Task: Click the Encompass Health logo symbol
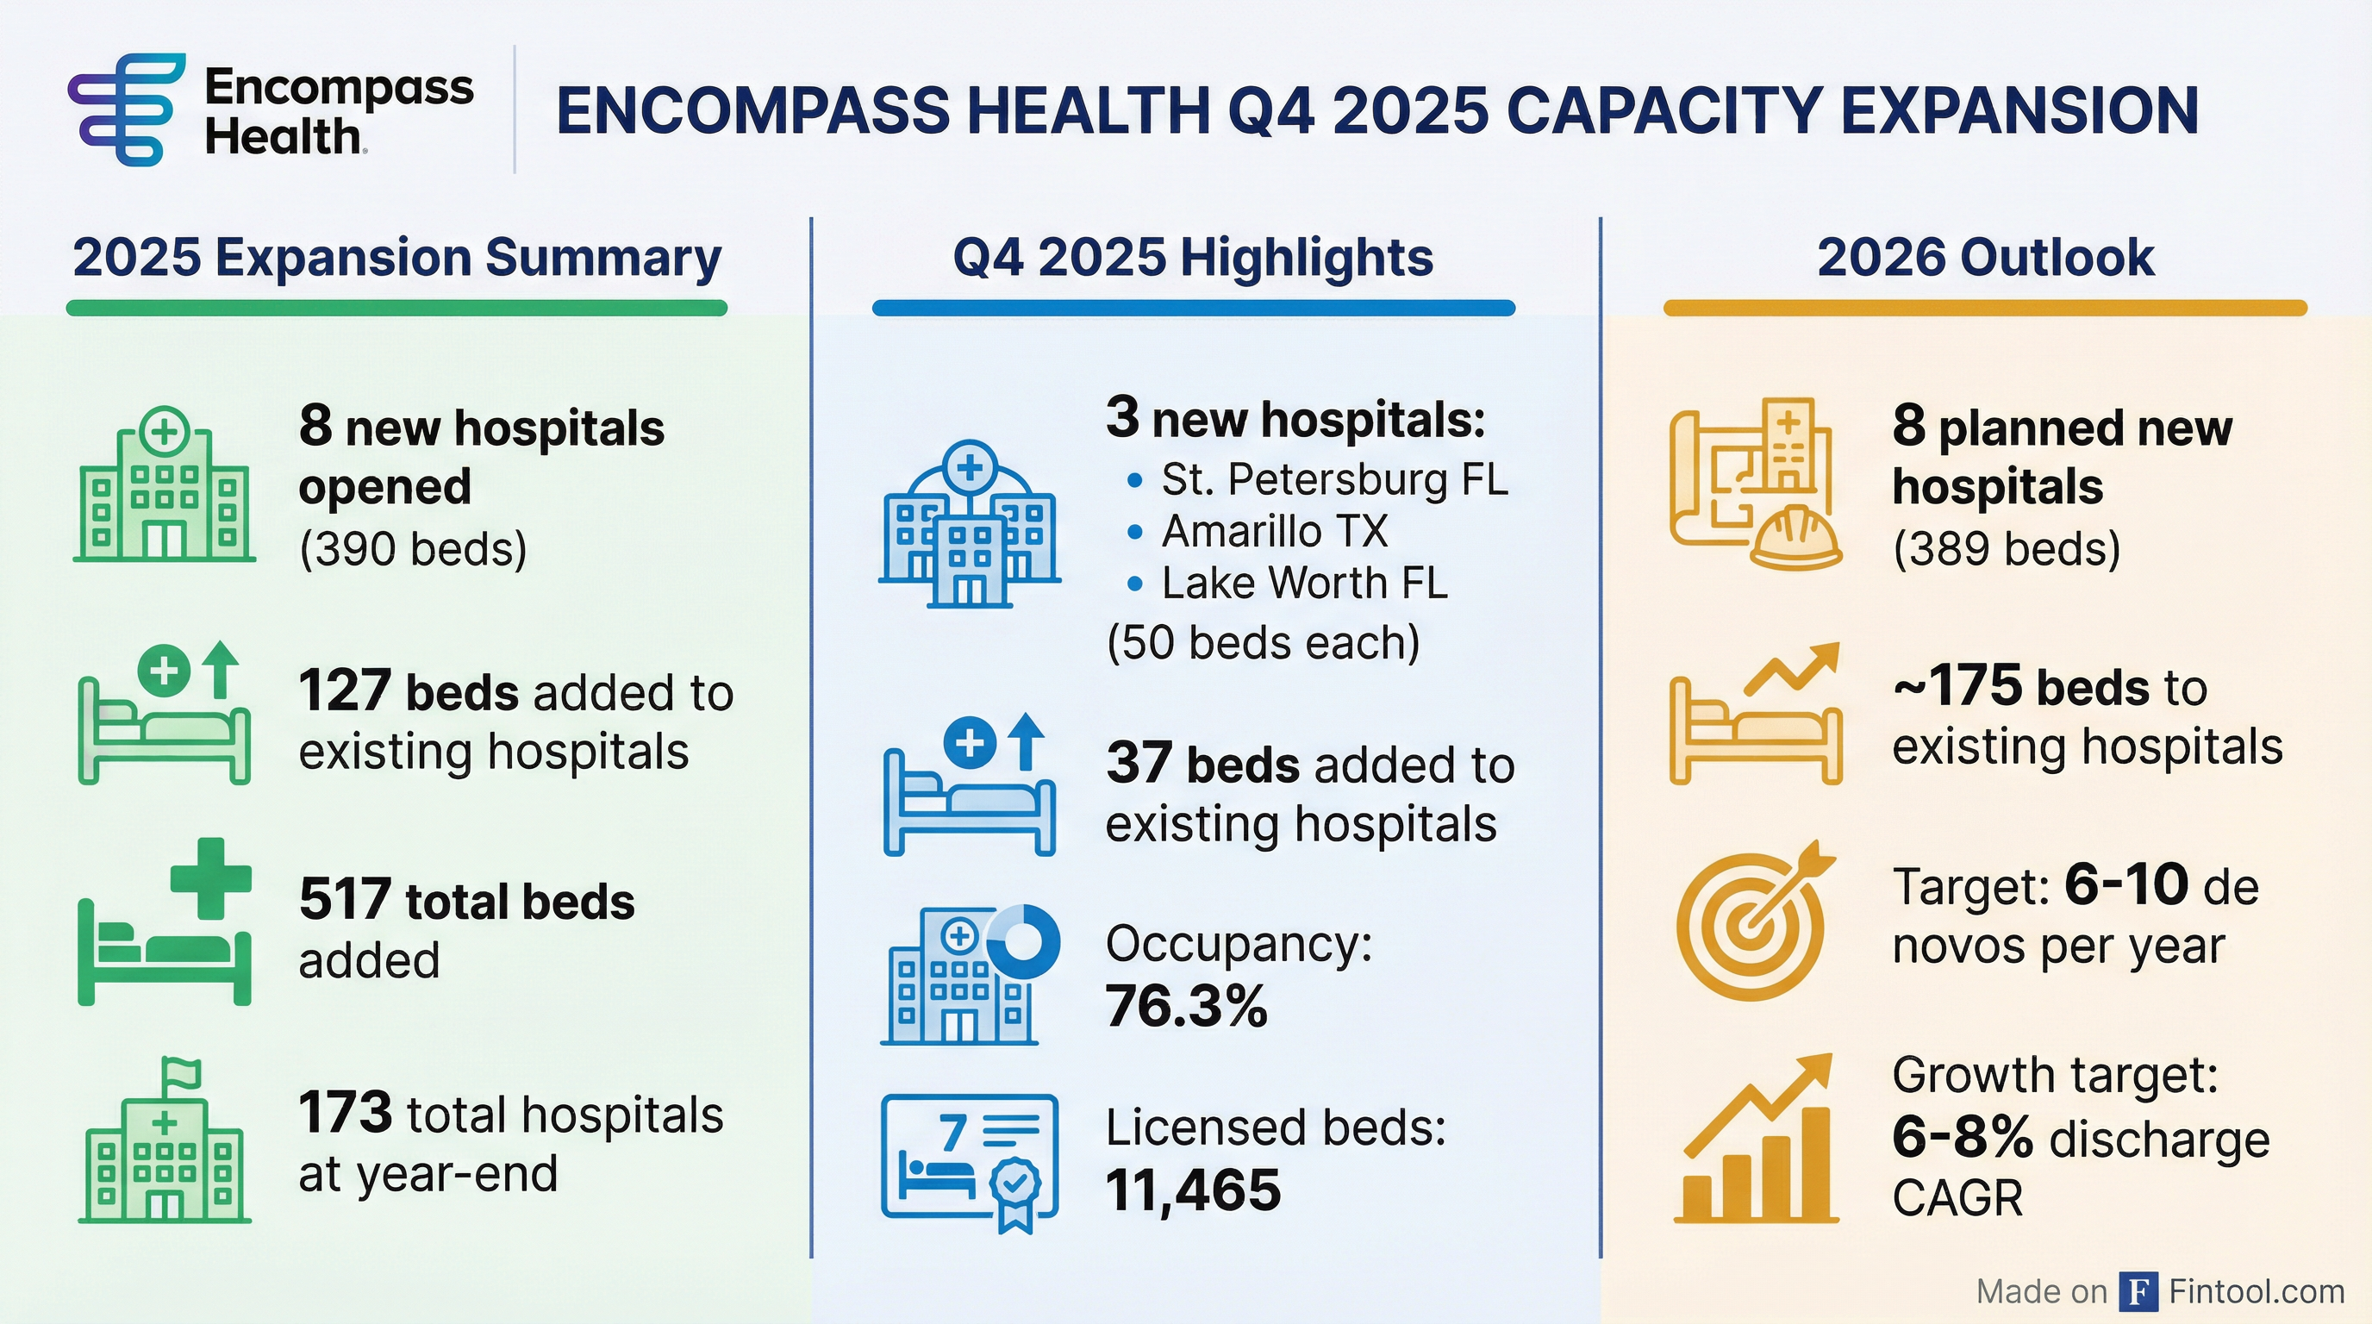click(x=125, y=109)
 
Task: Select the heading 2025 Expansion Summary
click(x=396, y=257)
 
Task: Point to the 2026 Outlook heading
click(x=1985, y=257)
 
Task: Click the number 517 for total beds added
click(x=345, y=900)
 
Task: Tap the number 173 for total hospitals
click(x=345, y=1113)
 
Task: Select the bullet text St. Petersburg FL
click(x=1334, y=480)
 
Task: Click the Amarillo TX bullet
click(x=1275, y=531)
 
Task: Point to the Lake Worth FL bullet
click(x=1304, y=583)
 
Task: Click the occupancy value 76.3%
click(x=1186, y=1005)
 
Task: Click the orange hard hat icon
click(x=1795, y=538)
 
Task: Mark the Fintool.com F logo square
click(x=2138, y=1292)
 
